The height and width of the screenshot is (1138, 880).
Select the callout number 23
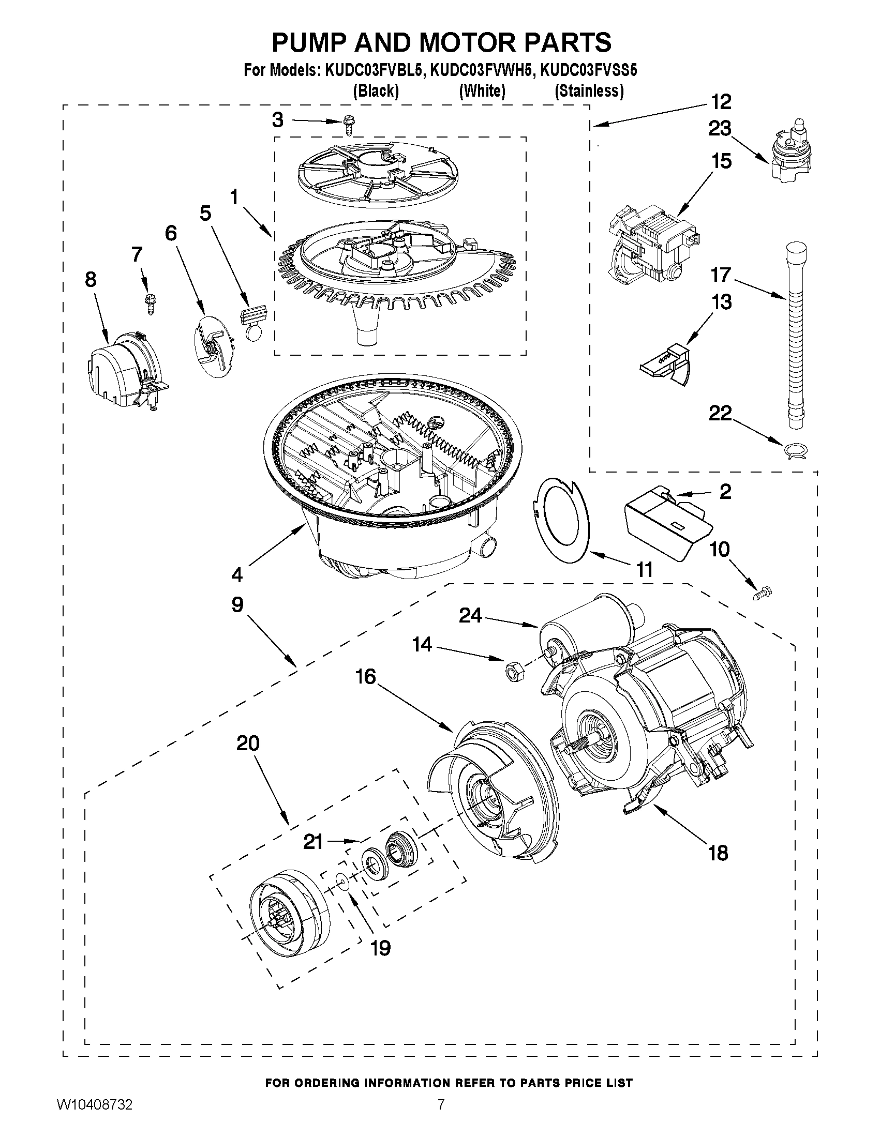coord(720,128)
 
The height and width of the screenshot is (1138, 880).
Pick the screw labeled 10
coord(762,593)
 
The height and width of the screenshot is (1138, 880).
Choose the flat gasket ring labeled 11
coord(561,521)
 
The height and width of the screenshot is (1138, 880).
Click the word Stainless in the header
coord(589,91)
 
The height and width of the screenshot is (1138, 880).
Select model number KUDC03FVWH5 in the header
coord(482,70)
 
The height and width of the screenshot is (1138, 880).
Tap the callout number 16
coord(365,677)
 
